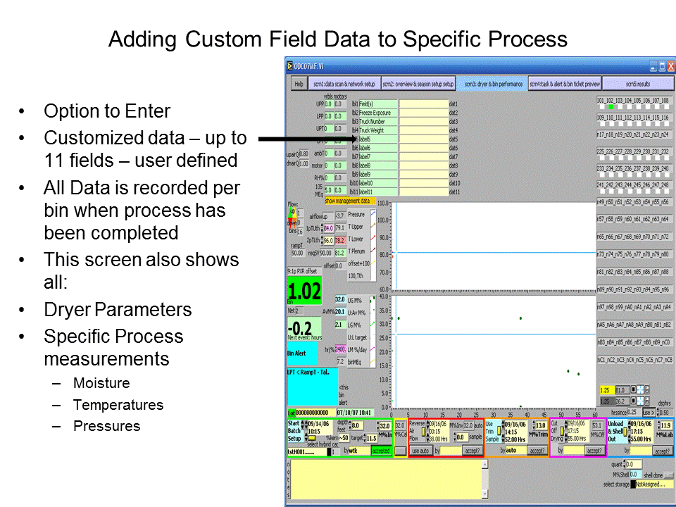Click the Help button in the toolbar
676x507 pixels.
(299, 83)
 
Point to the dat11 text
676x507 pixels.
(454, 192)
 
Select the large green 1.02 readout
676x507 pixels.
(303, 292)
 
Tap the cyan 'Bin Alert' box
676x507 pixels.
(303, 353)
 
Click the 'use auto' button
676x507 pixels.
(421, 451)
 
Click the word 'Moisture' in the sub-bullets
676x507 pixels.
(101, 384)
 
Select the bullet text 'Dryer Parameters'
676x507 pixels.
(118, 310)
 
